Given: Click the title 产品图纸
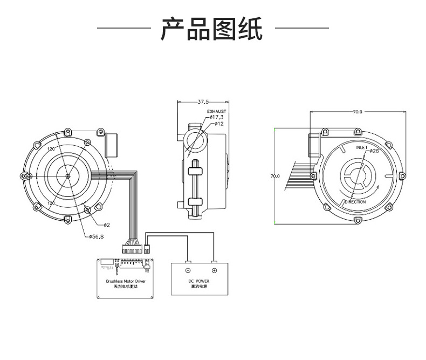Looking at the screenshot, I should [x=212, y=29].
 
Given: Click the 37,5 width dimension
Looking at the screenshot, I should [x=203, y=101].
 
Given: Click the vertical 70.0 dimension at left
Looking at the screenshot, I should [x=276, y=176].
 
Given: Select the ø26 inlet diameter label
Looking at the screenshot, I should [x=374, y=151].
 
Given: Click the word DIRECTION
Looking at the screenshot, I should [x=355, y=202].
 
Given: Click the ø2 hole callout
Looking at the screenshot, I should [x=106, y=225].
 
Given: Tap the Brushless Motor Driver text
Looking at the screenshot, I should [x=126, y=282].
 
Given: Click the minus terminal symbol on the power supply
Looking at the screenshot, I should [x=188, y=270].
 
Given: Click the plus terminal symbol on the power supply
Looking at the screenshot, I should [x=214, y=270].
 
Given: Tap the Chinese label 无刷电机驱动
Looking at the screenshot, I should [x=126, y=288].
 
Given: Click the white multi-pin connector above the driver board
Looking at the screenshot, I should [x=132, y=249].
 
